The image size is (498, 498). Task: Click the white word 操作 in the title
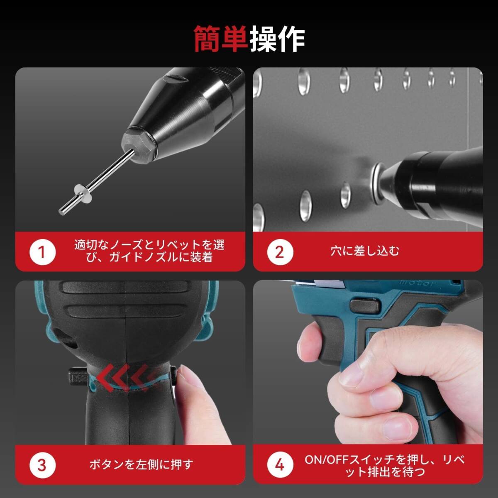[277, 39]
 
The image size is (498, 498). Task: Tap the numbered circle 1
[42, 252]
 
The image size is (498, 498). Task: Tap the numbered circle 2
[280, 252]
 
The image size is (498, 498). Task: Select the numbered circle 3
[42, 465]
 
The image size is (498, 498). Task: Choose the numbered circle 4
[280, 465]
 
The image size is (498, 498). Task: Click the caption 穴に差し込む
[365, 251]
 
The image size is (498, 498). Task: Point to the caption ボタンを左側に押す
[142, 464]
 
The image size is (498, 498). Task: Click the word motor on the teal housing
[417, 283]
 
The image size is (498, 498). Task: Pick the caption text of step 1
[149, 251]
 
